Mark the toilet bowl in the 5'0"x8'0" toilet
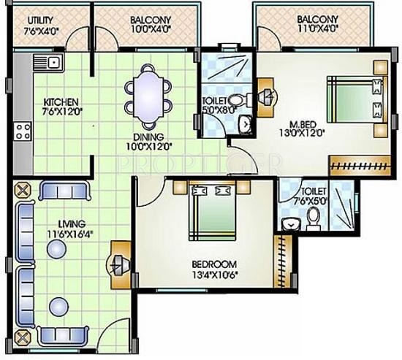click(235, 102)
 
